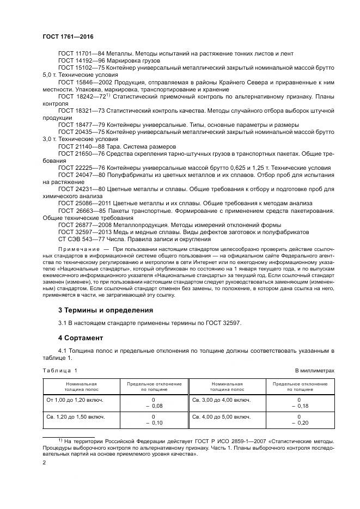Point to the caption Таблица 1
pyautogui.click(x=60, y=370)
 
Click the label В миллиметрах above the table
pyautogui.click(x=314, y=370)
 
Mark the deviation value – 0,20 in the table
pyautogui.click(x=300, y=422)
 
